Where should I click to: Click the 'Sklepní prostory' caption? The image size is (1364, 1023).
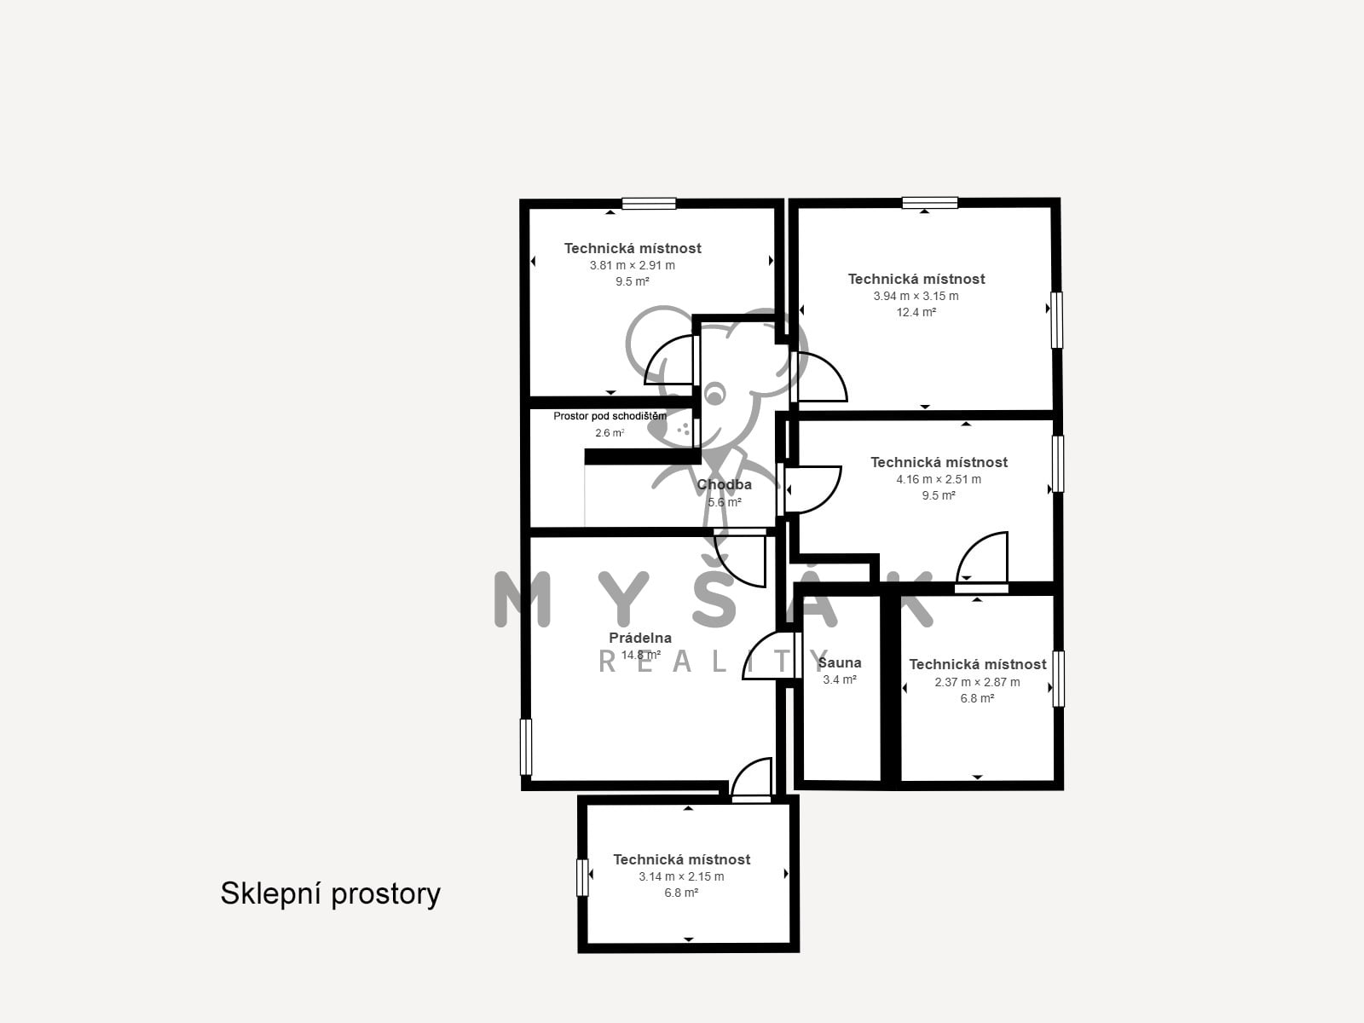(330, 894)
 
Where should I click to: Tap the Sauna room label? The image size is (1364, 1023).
(840, 662)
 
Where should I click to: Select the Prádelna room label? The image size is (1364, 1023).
(640, 638)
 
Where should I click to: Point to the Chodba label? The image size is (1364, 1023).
(724, 484)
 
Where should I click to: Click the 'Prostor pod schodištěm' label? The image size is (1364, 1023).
(610, 416)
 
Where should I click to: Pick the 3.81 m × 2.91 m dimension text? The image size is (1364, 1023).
(632, 265)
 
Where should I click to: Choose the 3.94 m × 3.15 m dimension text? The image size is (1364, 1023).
(916, 297)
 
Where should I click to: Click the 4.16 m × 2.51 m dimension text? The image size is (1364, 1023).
(939, 479)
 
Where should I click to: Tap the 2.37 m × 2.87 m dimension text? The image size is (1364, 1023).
(977, 682)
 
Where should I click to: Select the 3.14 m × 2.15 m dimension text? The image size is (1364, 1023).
(681, 876)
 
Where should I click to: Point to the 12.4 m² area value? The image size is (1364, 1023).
(916, 312)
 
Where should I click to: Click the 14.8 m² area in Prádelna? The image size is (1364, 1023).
(641, 655)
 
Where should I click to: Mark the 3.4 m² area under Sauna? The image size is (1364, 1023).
(840, 679)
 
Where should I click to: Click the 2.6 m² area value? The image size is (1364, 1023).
(610, 433)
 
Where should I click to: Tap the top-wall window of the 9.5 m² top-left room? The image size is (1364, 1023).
(649, 203)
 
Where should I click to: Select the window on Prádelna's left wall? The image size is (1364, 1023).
(526, 748)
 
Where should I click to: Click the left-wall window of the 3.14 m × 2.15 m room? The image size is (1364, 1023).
(582, 878)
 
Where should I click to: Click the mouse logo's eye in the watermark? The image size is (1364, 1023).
(714, 393)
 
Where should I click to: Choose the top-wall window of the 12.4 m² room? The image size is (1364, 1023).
(929, 203)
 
